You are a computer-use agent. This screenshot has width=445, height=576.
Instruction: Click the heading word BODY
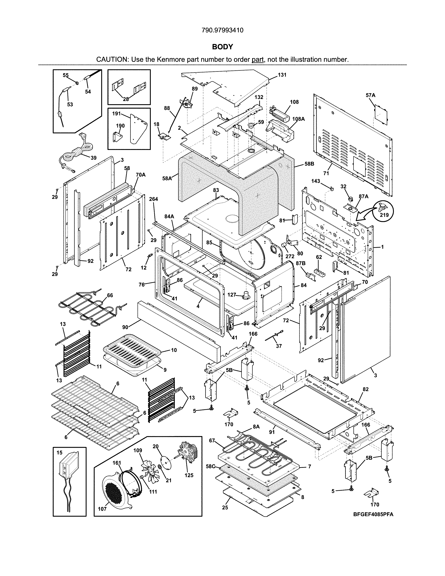pyautogui.click(x=222, y=47)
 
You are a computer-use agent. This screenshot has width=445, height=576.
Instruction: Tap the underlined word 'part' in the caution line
pyautogui.click(x=258, y=60)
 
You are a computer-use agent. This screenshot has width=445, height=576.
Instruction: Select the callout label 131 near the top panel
pyautogui.click(x=282, y=75)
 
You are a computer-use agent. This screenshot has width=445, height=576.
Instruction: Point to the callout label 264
pyautogui.click(x=153, y=199)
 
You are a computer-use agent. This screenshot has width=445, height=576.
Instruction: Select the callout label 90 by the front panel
pyautogui.click(x=125, y=327)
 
